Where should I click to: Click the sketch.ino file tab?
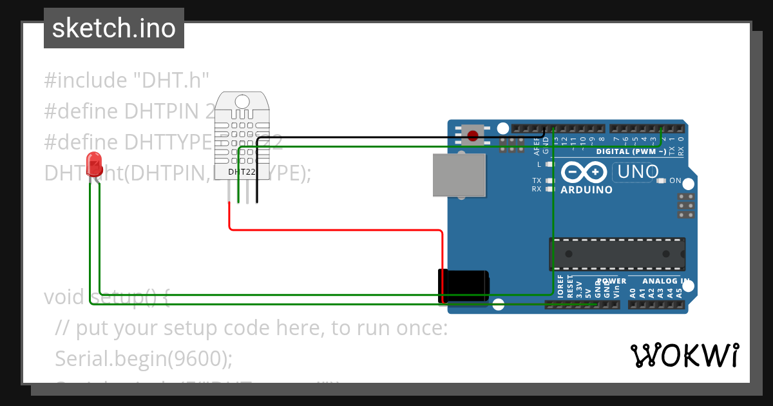pos(114,28)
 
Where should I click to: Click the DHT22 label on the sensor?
pos(242,172)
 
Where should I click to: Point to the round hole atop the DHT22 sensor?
pos(242,101)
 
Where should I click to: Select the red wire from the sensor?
pos(335,229)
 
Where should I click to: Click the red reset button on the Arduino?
pos(473,135)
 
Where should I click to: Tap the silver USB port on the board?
pos(459,175)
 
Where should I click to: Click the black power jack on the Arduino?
pos(463,286)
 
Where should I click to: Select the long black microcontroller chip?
pos(616,254)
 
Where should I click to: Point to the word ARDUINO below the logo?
pos(586,190)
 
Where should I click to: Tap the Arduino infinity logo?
pos(584,172)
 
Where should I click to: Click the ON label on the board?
pos(675,181)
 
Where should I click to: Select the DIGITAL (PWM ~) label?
pos(631,151)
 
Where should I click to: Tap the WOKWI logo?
pos(684,355)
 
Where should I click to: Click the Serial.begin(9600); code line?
pos(144,358)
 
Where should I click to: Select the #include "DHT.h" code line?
pos(127,81)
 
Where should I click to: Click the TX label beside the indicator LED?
pos(537,180)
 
